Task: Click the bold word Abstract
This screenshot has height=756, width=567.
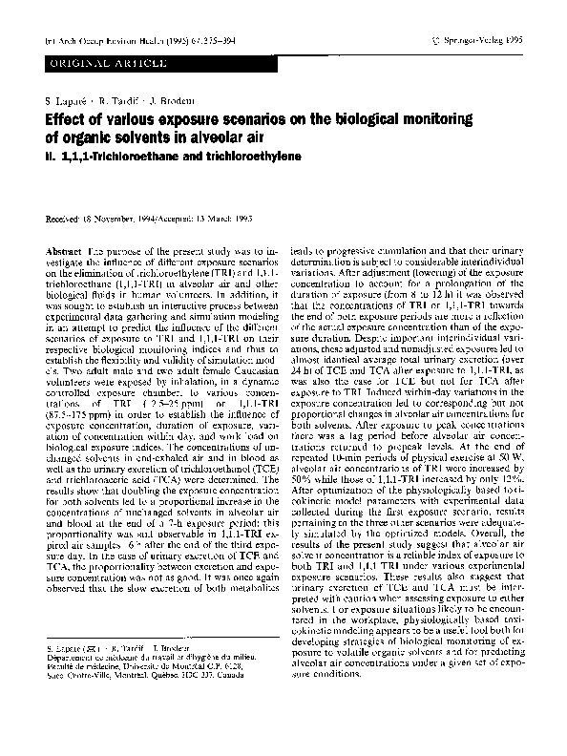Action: tap(63, 249)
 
